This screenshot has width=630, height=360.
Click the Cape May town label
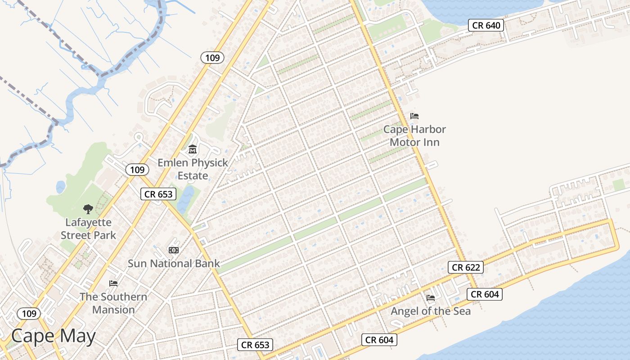click(54, 336)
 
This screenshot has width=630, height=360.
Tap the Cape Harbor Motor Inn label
click(414, 136)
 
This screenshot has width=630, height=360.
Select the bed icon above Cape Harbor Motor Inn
click(414, 116)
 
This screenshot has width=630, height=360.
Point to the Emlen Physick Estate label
click(193, 169)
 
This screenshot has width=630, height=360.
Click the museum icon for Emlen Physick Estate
click(193, 149)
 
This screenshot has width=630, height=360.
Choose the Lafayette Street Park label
click(88, 229)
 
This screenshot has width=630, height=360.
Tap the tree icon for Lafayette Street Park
click(88, 209)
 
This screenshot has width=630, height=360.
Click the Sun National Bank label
click(174, 263)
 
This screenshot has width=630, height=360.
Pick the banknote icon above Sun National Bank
click(174, 250)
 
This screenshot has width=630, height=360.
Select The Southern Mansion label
click(113, 303)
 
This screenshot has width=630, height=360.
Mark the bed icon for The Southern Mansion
click(113, 283)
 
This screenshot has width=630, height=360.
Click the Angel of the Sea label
click(431, 311)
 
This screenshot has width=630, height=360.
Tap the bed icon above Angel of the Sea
click(431, 297)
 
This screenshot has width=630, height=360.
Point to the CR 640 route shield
click(486, 25)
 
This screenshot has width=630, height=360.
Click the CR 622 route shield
click(466, 267)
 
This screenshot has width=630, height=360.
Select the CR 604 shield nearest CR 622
click(485, 294)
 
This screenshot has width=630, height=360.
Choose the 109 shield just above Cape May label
click(29, 314)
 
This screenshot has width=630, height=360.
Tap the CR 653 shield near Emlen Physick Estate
click(158, 194)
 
